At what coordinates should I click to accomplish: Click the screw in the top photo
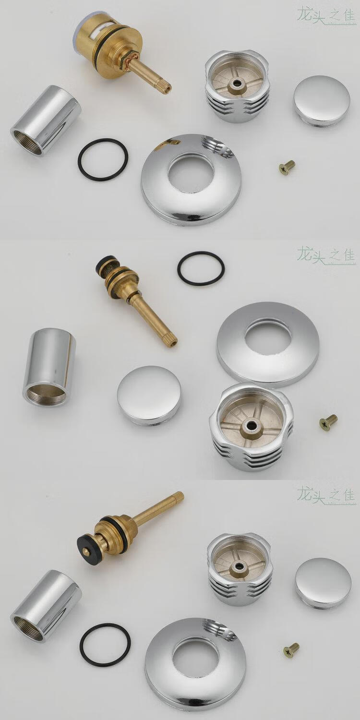pos(287,168)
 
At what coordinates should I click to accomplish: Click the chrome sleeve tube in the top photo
pos(46,120)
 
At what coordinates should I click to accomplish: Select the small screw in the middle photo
pos(329,422)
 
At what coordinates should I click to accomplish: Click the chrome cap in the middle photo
pos(149,395)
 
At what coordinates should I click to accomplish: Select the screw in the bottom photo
pos(291,650)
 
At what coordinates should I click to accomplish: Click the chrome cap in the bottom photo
pos(323,582)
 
